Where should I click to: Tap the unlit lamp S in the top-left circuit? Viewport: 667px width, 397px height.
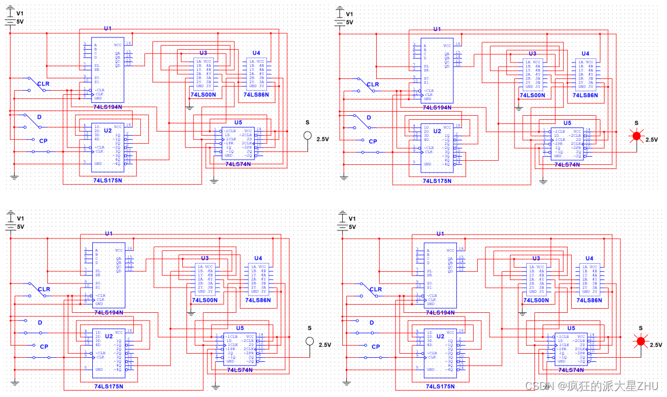pos(307,136)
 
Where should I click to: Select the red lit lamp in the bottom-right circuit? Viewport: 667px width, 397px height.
pos(640,341)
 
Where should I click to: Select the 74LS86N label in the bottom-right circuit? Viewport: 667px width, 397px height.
pos(589,300)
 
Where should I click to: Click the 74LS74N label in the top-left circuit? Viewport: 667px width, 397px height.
pos(238,164)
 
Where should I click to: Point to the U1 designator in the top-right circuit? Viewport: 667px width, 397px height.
pos(437,29)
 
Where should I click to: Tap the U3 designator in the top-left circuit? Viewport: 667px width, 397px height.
pos(203,53)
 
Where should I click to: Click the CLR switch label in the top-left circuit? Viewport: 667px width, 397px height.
pos(44,84)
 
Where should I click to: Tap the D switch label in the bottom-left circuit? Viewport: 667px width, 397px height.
pos(40,323)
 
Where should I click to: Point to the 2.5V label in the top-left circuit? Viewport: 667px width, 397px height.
pos(322,140)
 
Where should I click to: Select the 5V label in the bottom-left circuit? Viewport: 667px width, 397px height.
pos(20,227)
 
